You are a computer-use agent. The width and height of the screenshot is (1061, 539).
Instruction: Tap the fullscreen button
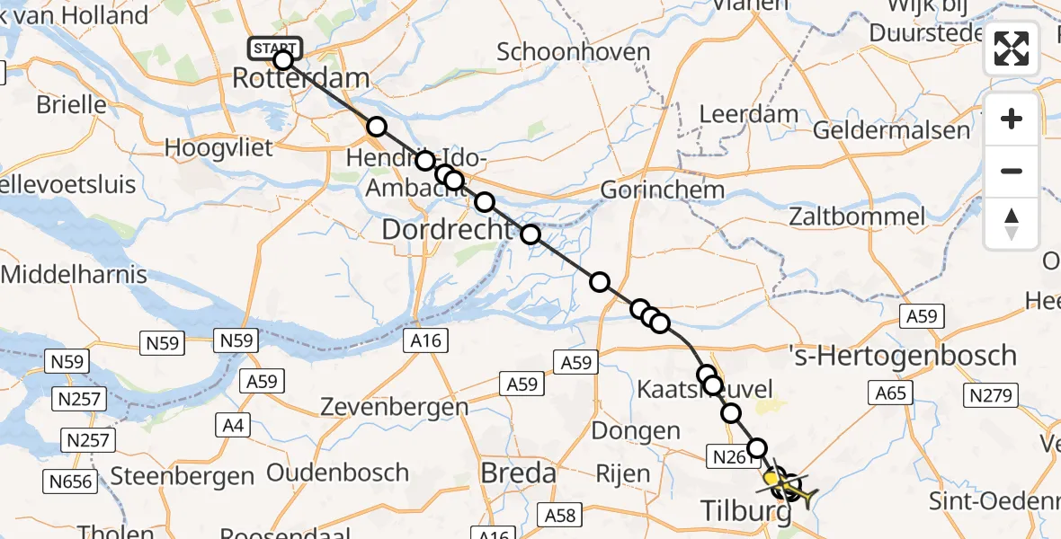pos(1012,49)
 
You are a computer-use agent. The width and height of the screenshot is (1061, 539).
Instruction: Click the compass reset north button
pos(1012,224)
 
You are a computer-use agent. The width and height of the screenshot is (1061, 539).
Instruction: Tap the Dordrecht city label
pos(446,230)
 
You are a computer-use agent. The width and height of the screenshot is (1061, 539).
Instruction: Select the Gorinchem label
pos(662,190)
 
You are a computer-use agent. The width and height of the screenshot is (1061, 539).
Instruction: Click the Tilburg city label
pos(745,513)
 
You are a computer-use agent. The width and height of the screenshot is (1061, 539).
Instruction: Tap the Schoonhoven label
pos(573,51)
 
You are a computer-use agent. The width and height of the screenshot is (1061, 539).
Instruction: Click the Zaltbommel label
pos(856,216)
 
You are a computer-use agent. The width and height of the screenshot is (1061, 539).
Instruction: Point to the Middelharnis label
pos(74,273)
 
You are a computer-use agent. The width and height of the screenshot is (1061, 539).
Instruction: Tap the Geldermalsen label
pos(891,130)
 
